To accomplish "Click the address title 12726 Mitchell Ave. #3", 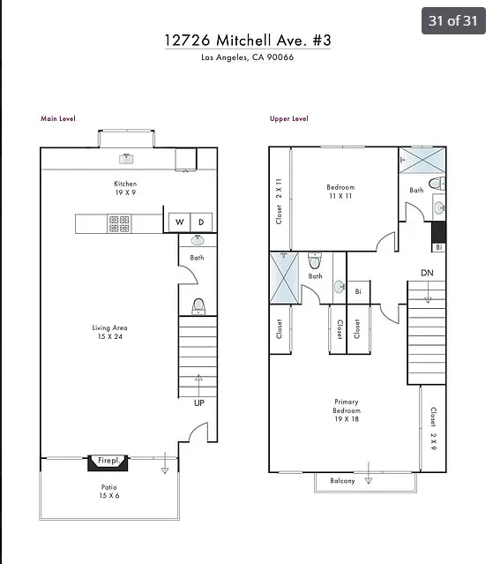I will (247, 40).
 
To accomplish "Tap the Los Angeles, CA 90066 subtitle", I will (247, 58).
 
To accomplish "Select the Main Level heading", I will (58, 118).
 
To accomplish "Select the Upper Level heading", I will (288, 118).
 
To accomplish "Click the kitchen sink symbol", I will (126, 159).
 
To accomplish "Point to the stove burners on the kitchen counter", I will (119, 223).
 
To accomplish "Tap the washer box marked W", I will (179, 222).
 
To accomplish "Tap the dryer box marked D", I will (201, 222).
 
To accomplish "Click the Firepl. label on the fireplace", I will (108, 461).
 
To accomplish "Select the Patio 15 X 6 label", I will (108, 492).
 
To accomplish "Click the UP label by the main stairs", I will (198, 403).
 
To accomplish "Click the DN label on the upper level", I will (427, 273).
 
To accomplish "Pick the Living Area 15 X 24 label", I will (109, 332).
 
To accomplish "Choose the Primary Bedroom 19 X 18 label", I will (346, 411).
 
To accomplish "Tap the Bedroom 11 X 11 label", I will (340, 192).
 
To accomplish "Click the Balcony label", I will (342, 481).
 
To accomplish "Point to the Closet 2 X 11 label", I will (279, 200).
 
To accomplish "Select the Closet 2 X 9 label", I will (432, 428).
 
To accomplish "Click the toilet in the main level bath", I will (198, 306).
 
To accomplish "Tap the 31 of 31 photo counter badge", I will (452, 20).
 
